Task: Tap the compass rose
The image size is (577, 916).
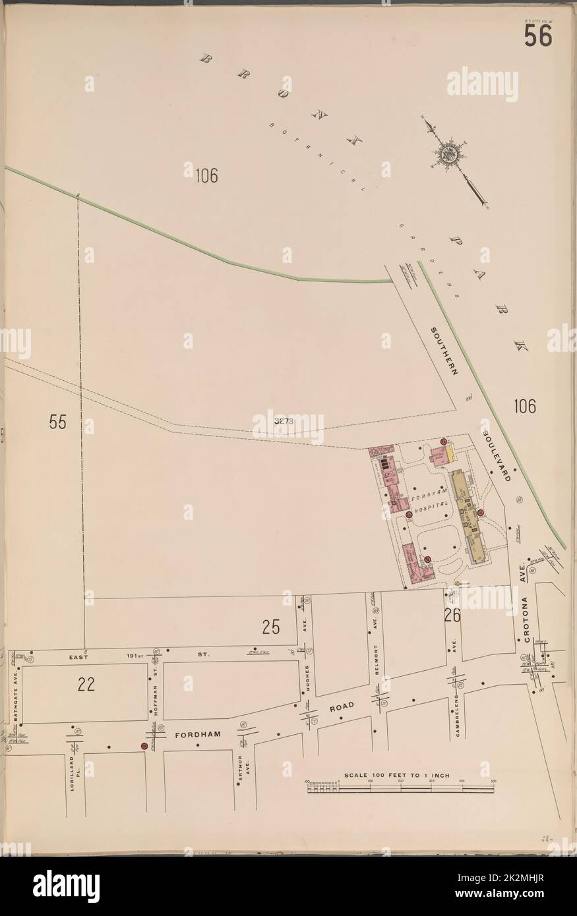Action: (450, 154)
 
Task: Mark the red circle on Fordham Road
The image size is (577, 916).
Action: (144, 746)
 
